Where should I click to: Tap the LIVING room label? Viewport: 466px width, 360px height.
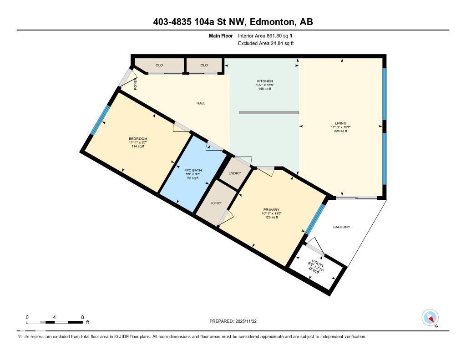click(x=340, y=123)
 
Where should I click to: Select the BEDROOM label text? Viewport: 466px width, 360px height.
click(x=138, y=138)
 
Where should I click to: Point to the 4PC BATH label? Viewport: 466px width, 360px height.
click(x=193, y=170)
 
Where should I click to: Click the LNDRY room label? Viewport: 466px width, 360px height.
click(x=235, y=173)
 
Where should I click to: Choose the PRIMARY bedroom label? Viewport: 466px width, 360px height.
click(x=271, y=209)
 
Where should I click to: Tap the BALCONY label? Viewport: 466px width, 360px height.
click(x=342, y=227)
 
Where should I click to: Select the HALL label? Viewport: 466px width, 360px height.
click(x=201, y=103)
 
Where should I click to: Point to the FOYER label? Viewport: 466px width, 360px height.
click(x=135, y=84)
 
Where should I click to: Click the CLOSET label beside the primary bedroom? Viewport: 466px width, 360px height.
click(x=216, y=203)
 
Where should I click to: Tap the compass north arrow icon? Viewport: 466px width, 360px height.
click(x=430, y=317)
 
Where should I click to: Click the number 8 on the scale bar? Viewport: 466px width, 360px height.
click(x=82, y=317)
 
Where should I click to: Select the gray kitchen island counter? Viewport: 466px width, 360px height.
click(x=269, y=112)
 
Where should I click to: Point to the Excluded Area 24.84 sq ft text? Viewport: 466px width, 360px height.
click(x=266, y=43)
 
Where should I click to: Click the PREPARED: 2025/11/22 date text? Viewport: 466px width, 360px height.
click(x=233, y=321)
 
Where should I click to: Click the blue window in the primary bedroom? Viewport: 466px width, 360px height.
click(x=315, y=219)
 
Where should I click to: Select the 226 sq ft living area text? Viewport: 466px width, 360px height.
click(x=340, y=131)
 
